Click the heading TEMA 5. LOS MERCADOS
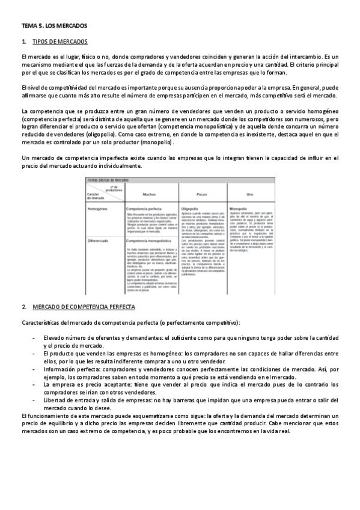coord(54,26)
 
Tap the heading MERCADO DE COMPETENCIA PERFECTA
coord(84,307)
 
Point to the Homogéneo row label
coord(99,209)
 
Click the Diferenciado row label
coord(100,239)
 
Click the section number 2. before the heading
coord(23,307)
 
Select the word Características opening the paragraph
coord(41,323)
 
